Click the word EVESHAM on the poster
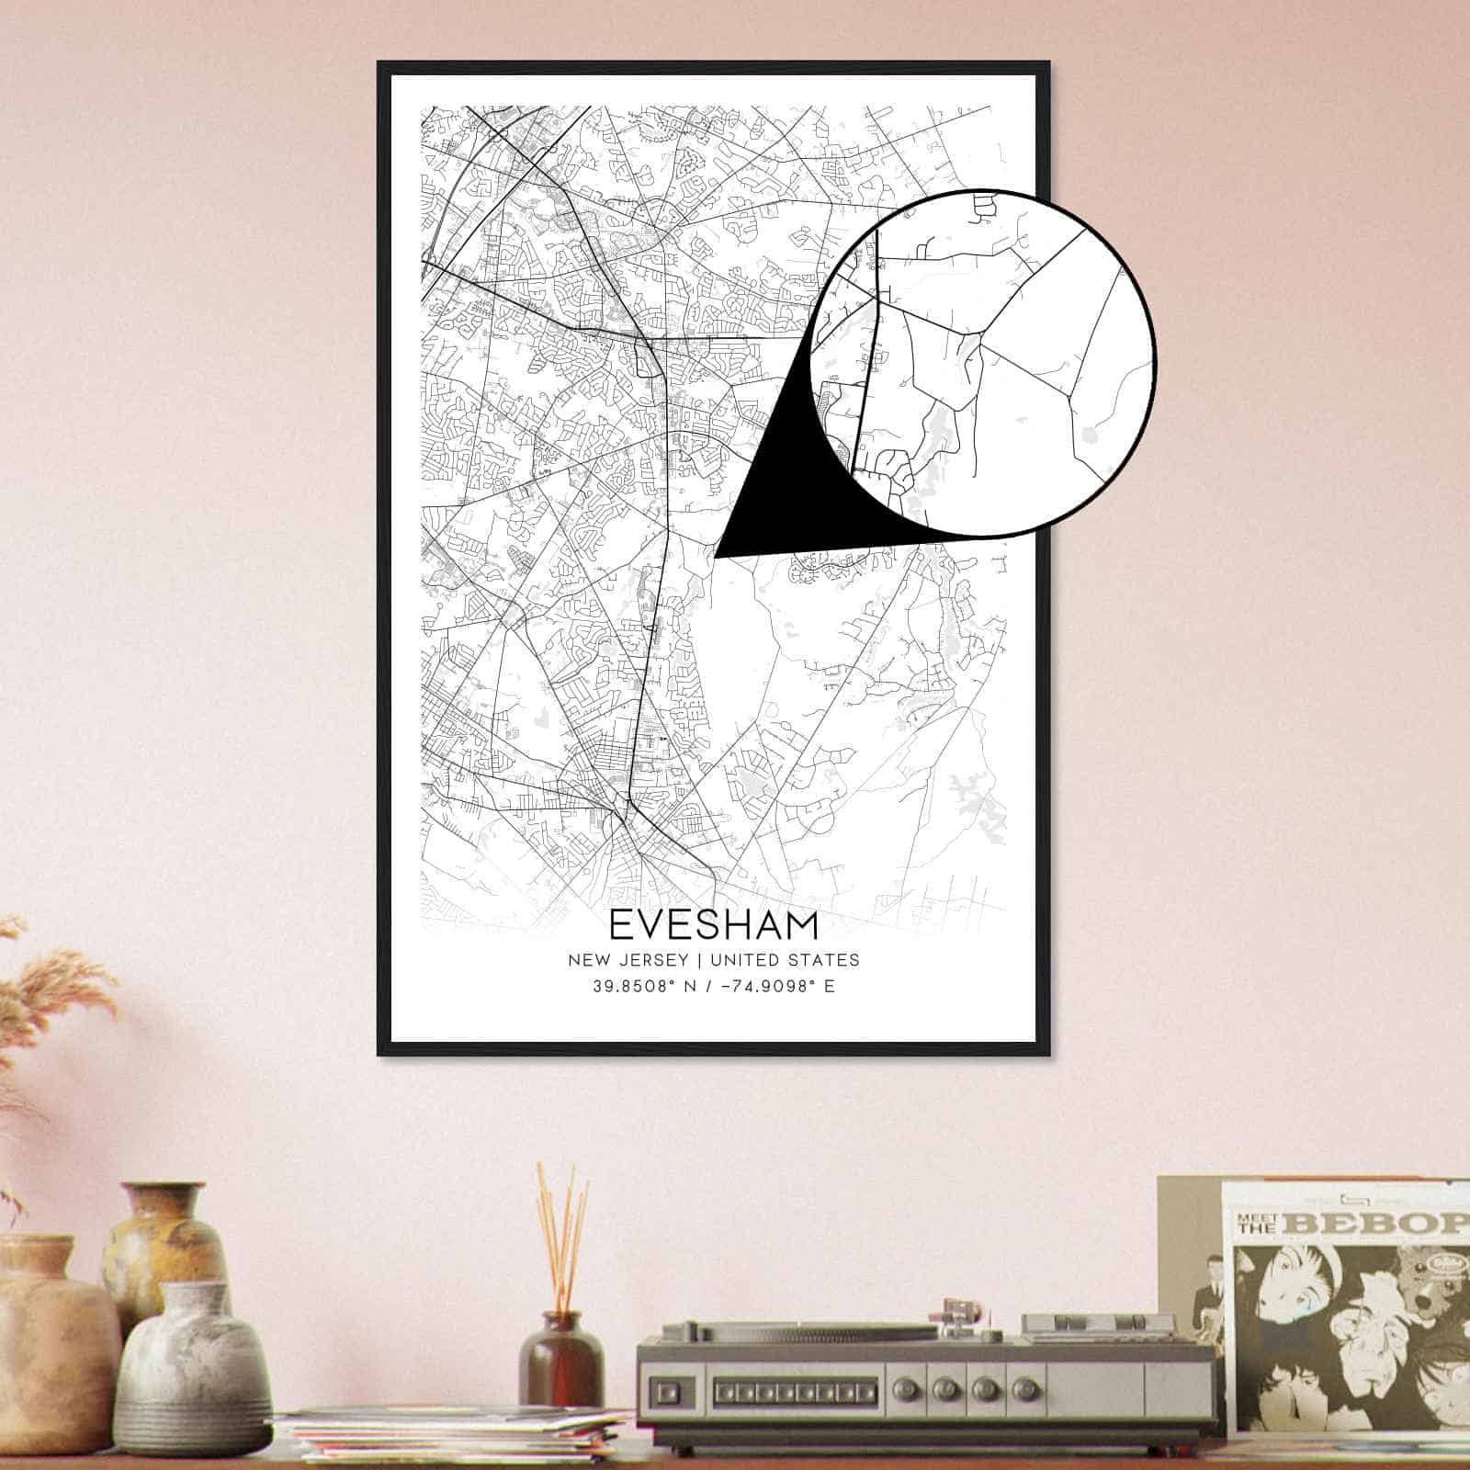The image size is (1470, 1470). coord(713,925)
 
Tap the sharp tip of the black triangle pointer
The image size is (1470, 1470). coord(717,556)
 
